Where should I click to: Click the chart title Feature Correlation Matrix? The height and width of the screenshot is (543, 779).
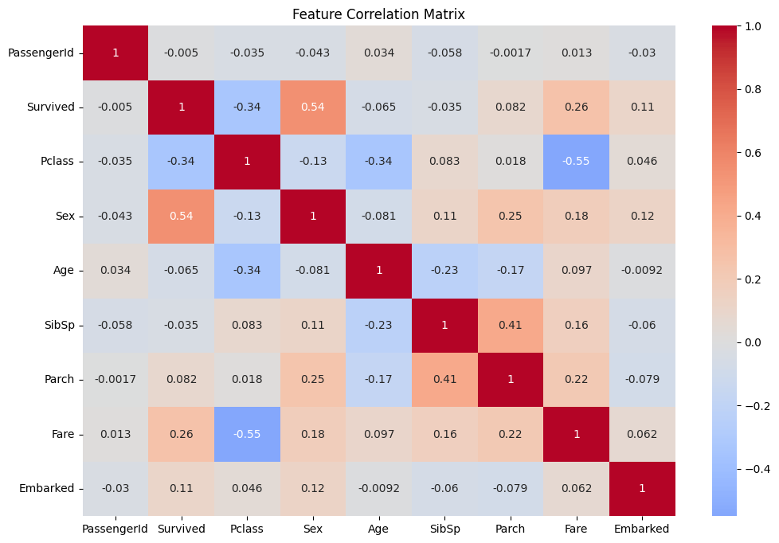coord(378,14)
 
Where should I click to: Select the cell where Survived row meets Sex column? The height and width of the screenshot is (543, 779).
coord(313,107)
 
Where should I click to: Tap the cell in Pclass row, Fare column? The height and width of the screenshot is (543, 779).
coord(577,161)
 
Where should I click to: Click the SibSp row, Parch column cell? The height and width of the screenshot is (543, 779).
coord(511,325)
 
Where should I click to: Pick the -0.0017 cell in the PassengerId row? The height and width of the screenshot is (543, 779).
coord(511,53)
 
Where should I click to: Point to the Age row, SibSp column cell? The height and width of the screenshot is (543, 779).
coord(444,270)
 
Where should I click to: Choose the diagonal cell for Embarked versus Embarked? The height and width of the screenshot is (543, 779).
coord(642,488)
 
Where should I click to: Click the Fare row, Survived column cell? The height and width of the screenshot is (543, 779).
coord(181,434)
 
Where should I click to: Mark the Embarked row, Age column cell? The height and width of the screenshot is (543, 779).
coord(379,488)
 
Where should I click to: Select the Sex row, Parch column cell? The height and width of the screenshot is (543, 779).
coord(511,216)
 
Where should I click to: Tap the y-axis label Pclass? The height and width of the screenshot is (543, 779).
coord(57,161)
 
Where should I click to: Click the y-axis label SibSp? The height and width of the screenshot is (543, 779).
coord(58,325)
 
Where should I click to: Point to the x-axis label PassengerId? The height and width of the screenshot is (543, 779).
coord(115,529)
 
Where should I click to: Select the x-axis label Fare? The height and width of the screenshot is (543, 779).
coord(577,529)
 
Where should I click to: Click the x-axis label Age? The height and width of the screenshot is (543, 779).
coord(379,529)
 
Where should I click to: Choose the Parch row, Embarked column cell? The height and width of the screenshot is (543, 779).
coord(642,379)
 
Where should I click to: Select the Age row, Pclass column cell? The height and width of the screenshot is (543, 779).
coord(247,270)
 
